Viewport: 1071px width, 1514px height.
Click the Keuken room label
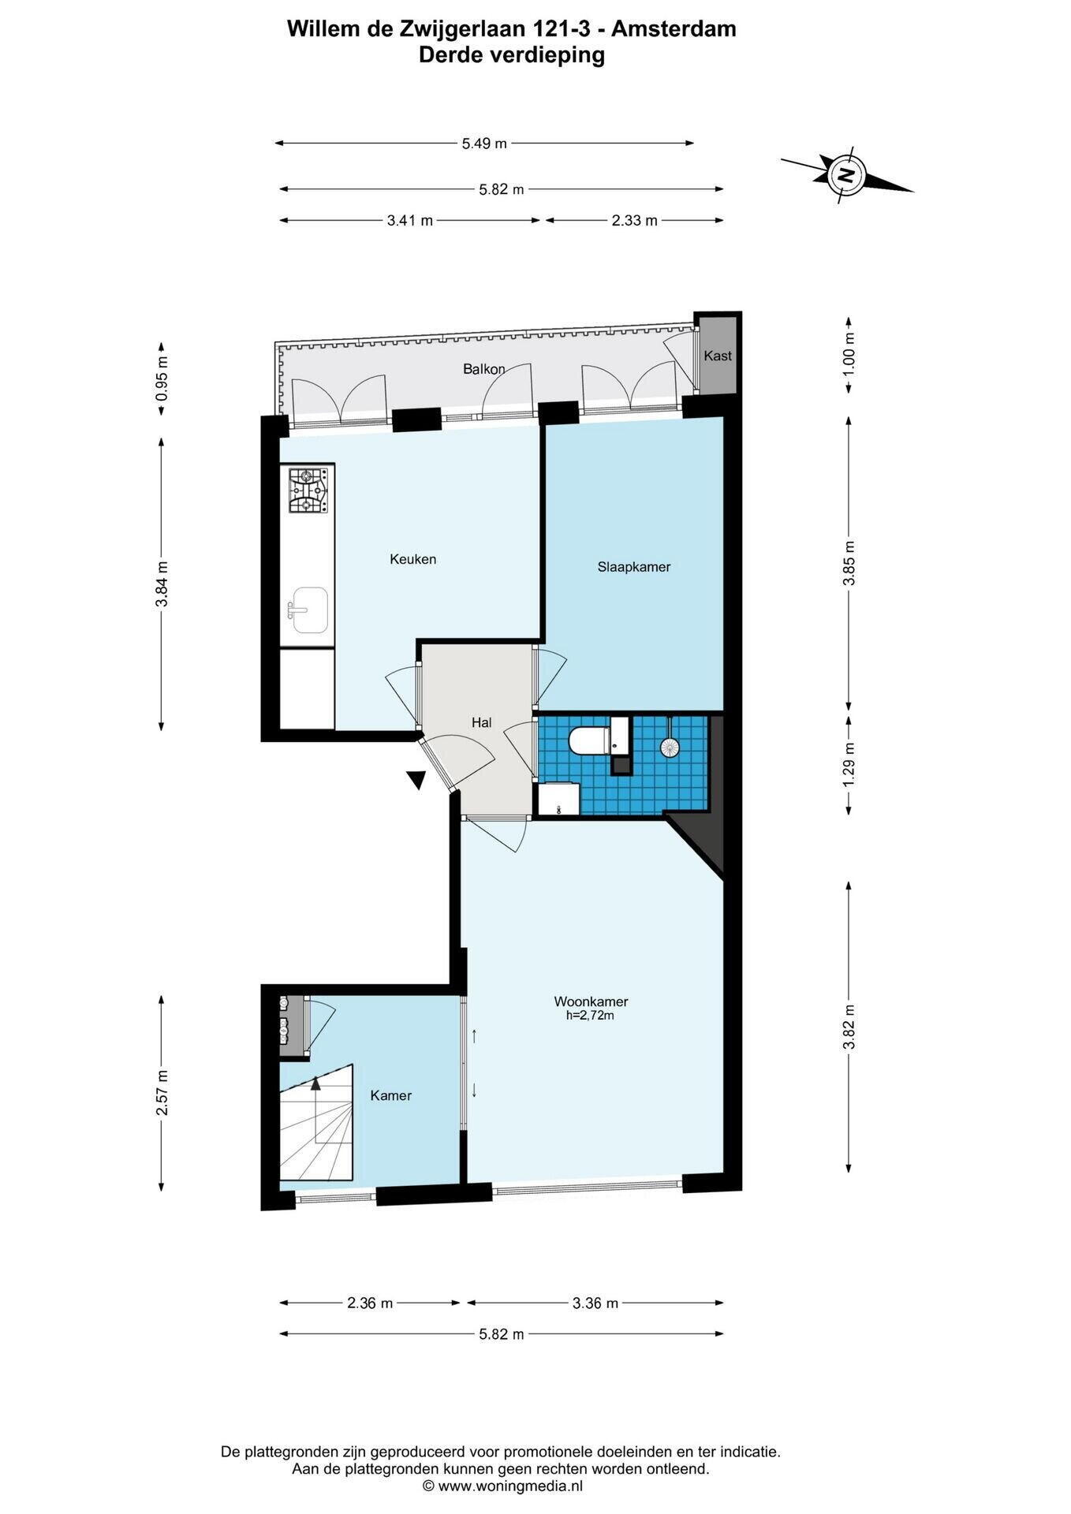pos(412,559)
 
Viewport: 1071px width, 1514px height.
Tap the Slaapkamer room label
pos(634,567)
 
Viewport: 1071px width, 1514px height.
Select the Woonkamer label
pos(591,1001)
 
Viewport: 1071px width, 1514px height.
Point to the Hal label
pos(481,722)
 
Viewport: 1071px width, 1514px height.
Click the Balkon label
pos(484,369)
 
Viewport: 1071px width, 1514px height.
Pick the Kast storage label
pos(718,356)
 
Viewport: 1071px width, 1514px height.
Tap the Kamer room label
pos(391,1095)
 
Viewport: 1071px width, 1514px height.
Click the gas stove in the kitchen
pos(308,490)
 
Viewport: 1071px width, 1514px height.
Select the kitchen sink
pos(308,610)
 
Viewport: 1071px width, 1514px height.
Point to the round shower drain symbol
pos(670,746)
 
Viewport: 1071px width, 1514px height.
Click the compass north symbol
pos(846,174)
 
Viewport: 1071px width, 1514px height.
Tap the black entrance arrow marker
pos(416,780)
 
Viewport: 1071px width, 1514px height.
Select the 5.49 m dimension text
pos(484,144)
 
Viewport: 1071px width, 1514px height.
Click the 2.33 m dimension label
pos(634,221)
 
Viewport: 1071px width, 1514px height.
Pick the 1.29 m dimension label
pos(849,764)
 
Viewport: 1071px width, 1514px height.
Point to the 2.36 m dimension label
pos(370,1303)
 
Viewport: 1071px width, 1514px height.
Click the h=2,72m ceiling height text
pos(590,1016)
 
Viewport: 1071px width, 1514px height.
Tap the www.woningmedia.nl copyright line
pos(503,1486)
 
